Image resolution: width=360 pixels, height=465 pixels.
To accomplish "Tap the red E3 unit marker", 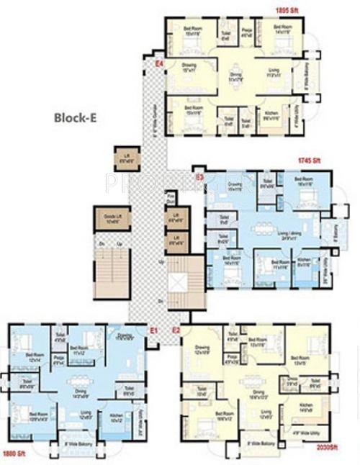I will [x=199, y=176].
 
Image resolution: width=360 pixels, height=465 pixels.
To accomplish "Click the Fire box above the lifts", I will [x=171, y=197].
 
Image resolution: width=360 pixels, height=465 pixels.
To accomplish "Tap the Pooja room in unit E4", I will [x=244, y=31].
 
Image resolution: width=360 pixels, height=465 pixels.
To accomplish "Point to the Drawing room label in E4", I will [x=189, y=68].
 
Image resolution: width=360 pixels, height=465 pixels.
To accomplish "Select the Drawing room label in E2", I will [x=202, y=351].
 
